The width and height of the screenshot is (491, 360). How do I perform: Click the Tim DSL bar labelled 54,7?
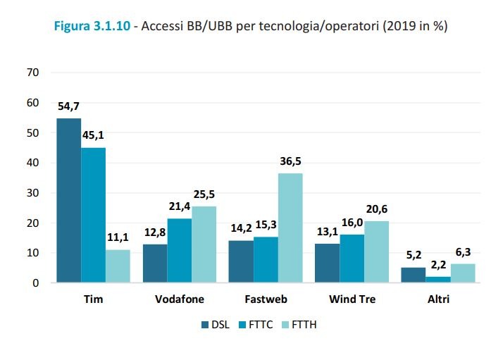68,201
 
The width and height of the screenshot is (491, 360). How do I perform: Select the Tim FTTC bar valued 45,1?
93,215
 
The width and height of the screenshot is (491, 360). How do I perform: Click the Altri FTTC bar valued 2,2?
437,280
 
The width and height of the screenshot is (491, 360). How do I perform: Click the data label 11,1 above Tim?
118,238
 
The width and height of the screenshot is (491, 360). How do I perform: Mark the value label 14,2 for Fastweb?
241,229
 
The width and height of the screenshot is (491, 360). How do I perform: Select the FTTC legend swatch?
245,325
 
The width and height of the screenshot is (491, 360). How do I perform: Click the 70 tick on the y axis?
33,73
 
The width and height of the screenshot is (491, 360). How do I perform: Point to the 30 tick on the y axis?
33,193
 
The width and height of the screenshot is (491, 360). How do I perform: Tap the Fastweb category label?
267,299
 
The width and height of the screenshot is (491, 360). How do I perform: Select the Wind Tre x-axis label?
352,299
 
